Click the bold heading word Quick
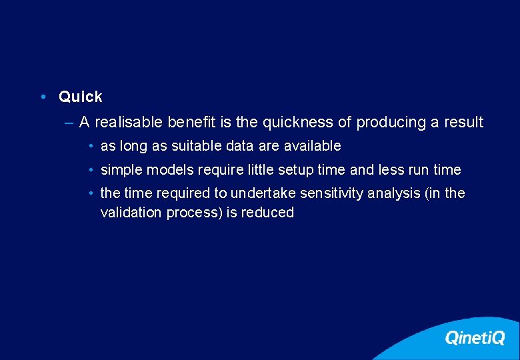coord(80,97)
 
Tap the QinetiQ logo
coord(475,338)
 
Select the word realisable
coord(129,123)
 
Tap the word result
coord(463,123)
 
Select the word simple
coord(121,170)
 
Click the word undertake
coord(263,193)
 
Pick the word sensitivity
coord(332,193)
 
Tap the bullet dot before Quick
coord(42,97)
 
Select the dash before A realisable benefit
coord(70,123)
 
